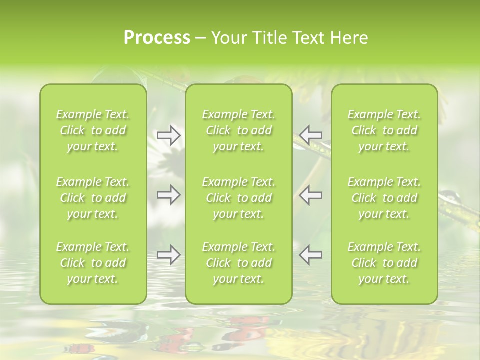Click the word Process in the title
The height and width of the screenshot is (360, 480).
pos(157,38)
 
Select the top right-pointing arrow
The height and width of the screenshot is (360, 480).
pos(168,135)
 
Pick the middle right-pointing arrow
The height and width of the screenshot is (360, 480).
pos(168,195)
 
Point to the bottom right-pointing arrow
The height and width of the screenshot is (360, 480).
pos(168,254)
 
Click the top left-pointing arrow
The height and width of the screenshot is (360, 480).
pos(310,135)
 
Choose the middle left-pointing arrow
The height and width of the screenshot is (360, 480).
pos(310,195)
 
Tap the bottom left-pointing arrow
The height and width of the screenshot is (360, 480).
pos(310,254)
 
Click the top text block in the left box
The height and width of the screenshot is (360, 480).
pos(93,130)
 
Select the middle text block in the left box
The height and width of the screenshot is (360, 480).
pos(93,198)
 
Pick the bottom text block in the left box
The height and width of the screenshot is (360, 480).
pos(93,263)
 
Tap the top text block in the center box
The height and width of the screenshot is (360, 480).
pos(238,130)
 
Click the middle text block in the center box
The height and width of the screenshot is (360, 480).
pos(238,198)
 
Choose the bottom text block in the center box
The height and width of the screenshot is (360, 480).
pos(238,263)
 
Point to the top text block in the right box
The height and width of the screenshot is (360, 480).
pos(384,130)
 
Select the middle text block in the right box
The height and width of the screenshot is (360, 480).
pos(384,198)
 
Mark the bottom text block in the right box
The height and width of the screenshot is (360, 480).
pos(384,263)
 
